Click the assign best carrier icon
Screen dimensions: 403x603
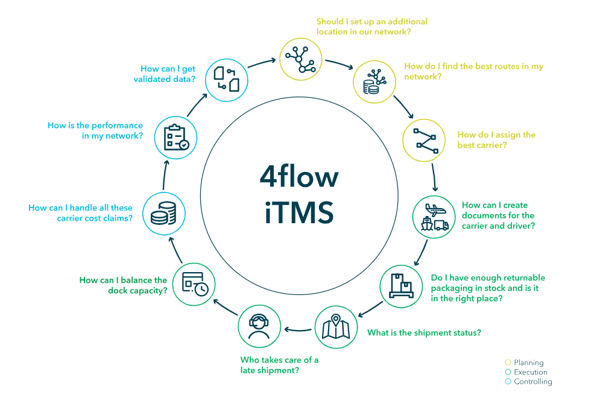coord(425,141)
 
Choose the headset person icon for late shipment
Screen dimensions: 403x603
coord(260,327)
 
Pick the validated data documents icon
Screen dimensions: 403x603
coord(226,80)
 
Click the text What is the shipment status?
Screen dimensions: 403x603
coord(423,333)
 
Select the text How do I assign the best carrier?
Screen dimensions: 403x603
coord(496,140)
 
